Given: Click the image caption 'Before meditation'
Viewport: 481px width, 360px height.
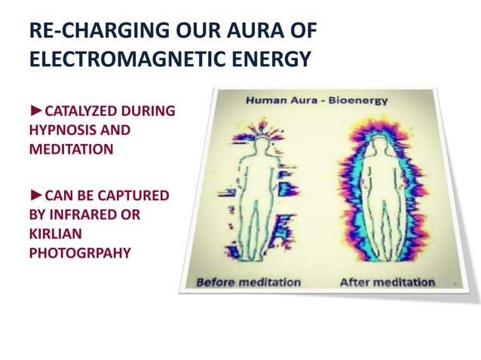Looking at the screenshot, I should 248,282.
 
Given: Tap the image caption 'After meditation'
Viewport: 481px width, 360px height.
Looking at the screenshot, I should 387,282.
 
